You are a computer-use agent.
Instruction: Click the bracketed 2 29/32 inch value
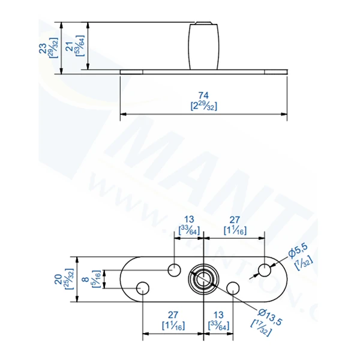click(203, 106)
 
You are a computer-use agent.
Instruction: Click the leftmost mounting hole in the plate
click(143, 289)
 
